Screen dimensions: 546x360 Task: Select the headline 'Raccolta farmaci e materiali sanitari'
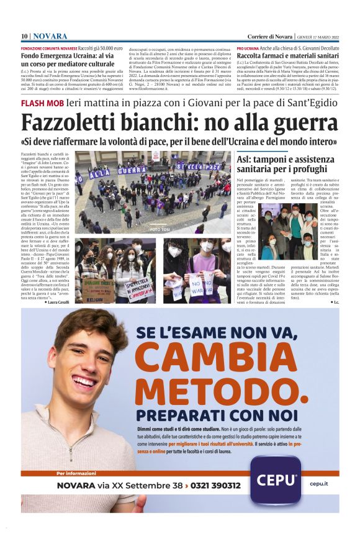point(289,55)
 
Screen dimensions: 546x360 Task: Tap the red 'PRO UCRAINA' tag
point(248,47)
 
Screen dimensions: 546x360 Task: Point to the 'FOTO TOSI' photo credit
point(160,230)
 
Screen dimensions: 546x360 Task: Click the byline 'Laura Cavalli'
point(59,302)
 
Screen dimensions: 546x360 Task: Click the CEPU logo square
point(277,479)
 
